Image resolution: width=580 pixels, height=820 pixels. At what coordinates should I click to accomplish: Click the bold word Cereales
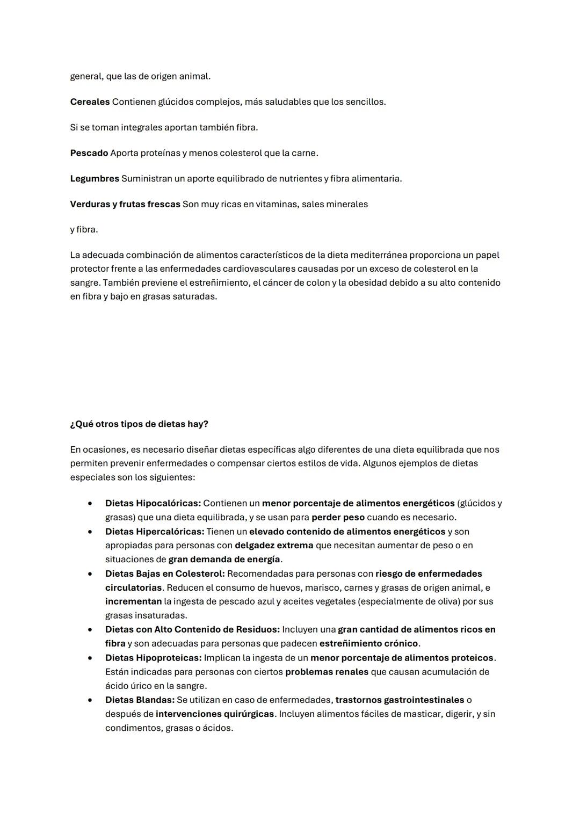(90, 102)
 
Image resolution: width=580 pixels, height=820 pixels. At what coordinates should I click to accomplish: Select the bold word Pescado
(89, 153)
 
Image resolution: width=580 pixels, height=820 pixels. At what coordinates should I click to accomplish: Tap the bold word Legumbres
(95, 178)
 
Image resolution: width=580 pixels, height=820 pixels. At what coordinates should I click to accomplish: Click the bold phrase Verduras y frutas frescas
(125, 204)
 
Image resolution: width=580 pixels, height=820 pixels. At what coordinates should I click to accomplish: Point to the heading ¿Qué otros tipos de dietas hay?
(139, 424)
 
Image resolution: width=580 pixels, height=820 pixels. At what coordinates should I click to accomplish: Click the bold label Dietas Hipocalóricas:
(153, 504)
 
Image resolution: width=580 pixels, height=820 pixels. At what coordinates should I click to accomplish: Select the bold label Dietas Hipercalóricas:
(155, 532)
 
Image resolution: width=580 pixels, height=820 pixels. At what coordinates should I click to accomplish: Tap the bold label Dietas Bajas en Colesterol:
(165, 574)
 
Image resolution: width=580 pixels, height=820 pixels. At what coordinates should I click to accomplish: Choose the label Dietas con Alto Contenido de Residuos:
(192, 629)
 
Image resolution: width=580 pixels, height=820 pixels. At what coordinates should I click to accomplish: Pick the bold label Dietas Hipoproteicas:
(153, 658)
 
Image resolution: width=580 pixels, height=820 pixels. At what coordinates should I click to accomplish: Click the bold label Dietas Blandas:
(140, 700)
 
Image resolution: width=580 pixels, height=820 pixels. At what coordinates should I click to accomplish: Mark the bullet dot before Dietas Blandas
(90, 700)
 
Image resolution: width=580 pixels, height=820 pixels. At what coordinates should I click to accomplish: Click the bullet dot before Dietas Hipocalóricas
(90, 504)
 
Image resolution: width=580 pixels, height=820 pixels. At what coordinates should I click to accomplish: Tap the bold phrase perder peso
(338, 518)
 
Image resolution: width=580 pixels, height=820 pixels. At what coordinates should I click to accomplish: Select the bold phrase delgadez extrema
(274, 546)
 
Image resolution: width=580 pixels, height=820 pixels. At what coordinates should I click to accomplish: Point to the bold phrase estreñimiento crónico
(368, 643)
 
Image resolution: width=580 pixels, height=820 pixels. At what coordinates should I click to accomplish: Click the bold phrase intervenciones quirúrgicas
(215, 714)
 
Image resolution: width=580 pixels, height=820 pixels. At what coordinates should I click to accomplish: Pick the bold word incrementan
(133, 601)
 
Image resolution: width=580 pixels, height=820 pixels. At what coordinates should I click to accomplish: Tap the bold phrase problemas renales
(327, 672)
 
